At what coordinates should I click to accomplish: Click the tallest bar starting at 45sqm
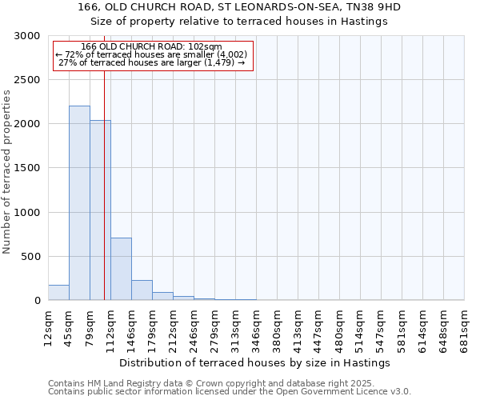[x=79, y=203]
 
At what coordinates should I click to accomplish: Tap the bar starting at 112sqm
[x=121, y=269]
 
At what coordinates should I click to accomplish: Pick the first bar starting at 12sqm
[x=58, y=293]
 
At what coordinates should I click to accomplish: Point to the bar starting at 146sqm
[x=142, y=290]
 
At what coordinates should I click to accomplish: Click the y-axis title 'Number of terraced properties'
[x=7, y=172]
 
